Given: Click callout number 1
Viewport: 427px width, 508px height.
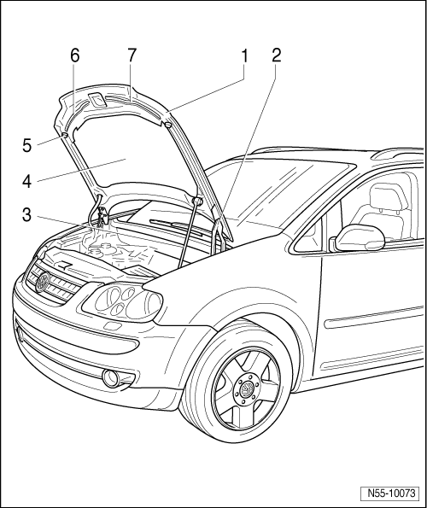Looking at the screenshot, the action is point(244,55).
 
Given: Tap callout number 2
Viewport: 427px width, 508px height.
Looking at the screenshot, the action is point(276,55).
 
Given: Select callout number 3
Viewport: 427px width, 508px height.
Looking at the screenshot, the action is point(26,214).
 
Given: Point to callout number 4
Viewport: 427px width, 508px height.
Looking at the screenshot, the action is point(26,181).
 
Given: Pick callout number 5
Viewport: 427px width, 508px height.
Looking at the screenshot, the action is point(26,145).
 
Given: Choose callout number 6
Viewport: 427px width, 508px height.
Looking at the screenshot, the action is point(74,55).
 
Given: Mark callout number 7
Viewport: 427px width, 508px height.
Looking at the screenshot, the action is point(132,55).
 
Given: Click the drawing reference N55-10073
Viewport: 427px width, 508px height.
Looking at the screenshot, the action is point(391,493).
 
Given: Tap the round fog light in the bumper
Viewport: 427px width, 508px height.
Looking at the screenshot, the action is point(110,377).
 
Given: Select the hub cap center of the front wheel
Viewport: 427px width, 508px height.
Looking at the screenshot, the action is point(247,388).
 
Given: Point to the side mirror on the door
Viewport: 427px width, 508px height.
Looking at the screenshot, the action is point(358,238).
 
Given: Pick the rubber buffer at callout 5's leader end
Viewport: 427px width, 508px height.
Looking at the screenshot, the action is point(64,135).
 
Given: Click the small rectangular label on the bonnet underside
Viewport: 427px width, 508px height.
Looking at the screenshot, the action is point(97,99).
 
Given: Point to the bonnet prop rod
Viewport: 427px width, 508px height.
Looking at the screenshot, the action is point(188,234).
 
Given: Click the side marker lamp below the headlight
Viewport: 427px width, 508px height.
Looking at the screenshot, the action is point(112,325).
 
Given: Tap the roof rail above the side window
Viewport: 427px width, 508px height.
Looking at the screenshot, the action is point(399,154).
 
